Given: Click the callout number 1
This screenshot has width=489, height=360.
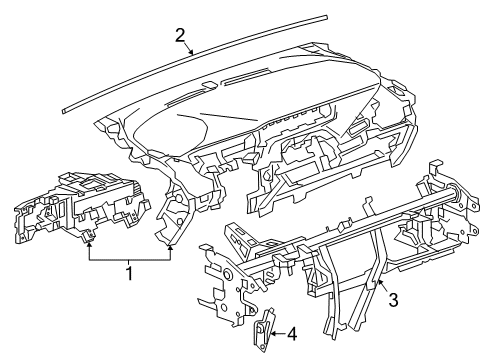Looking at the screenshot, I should point(128,270).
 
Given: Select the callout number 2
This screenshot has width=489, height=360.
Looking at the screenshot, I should point(180,35).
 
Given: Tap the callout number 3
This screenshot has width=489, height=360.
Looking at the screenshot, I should point(396,299).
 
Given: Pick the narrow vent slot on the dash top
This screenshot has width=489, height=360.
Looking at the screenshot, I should point(260,80).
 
